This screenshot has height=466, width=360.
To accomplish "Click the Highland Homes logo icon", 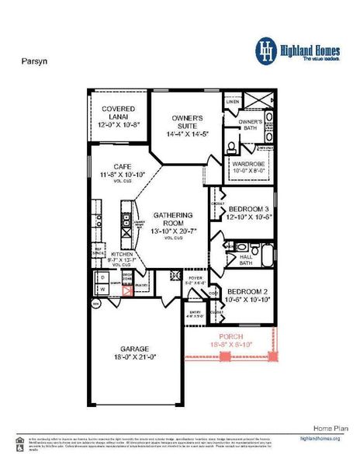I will (267, 50).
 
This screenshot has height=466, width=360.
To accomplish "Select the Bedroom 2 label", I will (249, 293).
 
